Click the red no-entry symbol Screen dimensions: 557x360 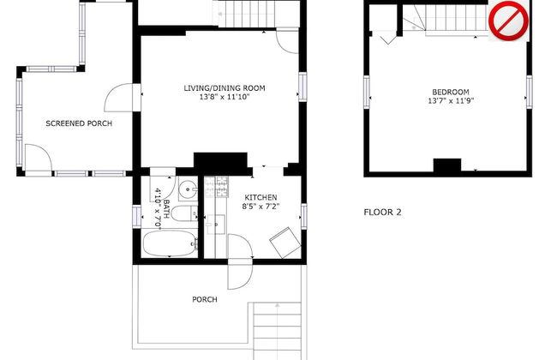coord(508,21)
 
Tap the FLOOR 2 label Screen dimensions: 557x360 coord(382,213)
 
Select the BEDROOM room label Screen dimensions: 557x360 coord(451,92)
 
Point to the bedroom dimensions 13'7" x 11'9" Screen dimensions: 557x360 coord(451,101)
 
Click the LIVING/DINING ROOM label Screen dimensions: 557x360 coord(225,88)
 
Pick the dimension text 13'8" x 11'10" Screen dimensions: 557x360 coord(225,97)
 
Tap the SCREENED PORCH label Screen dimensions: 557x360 coord(79,123)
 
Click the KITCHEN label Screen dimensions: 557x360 coord(261,198)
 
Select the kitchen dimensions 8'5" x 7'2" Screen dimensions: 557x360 coord(261,206)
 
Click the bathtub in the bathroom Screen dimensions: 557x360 coord(171,243)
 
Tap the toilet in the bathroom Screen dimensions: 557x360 coord(184,213)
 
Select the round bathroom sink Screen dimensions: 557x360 coord(188,189)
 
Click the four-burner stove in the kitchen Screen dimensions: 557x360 coord(216,187)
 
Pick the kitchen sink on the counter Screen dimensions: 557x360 coord(215,225)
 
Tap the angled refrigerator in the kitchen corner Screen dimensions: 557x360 coord(284,243)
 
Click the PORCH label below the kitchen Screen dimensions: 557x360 coord(205,300)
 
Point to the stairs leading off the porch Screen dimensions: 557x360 coord(277,331)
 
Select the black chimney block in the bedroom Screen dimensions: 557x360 coord(447,165)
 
